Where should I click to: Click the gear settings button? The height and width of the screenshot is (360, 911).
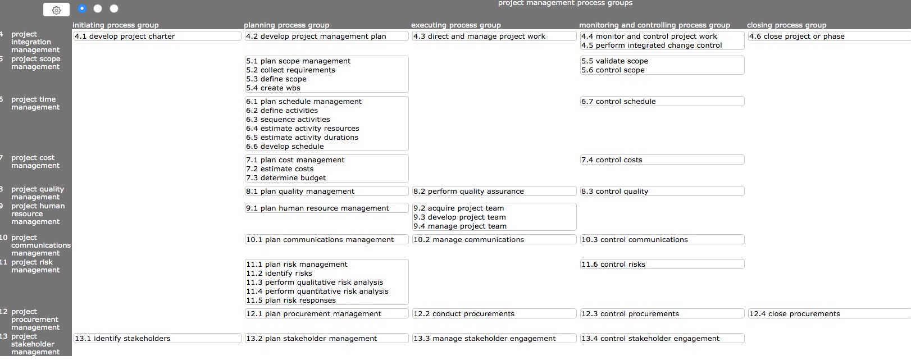pyautogui.click(x=56, y=10)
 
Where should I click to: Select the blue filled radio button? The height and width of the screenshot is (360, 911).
pyautogui.click(x=82, y=8)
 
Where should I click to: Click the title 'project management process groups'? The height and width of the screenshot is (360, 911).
pyautogui.click(x=565, y=3)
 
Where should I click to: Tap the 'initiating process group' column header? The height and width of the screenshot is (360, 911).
pyautogui.click(x=116, y=25)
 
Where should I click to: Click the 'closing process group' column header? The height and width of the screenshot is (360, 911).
pyautogui.click(x=786, y=25)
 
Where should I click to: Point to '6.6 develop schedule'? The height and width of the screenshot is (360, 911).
pyautogui.click(x=285, y=147)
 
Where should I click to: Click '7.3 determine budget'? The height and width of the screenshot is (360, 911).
pyautogui.click(x=286, y=178)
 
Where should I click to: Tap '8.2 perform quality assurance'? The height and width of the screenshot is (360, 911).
pyautogui.click(x=468, y=192)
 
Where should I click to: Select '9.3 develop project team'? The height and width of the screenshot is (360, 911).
pyautogui.click(x=459, y=217)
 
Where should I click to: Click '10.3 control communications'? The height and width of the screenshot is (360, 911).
pyautogui.click(x=634, y=240)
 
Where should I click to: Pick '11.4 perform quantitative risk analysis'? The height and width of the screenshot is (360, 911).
pyautogui.click(x=317, y=291)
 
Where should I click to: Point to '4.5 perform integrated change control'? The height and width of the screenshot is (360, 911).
pyautogui.click(x=652, y=45)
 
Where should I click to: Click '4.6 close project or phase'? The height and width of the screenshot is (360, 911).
pyautogui.click(x=796, y=37)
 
